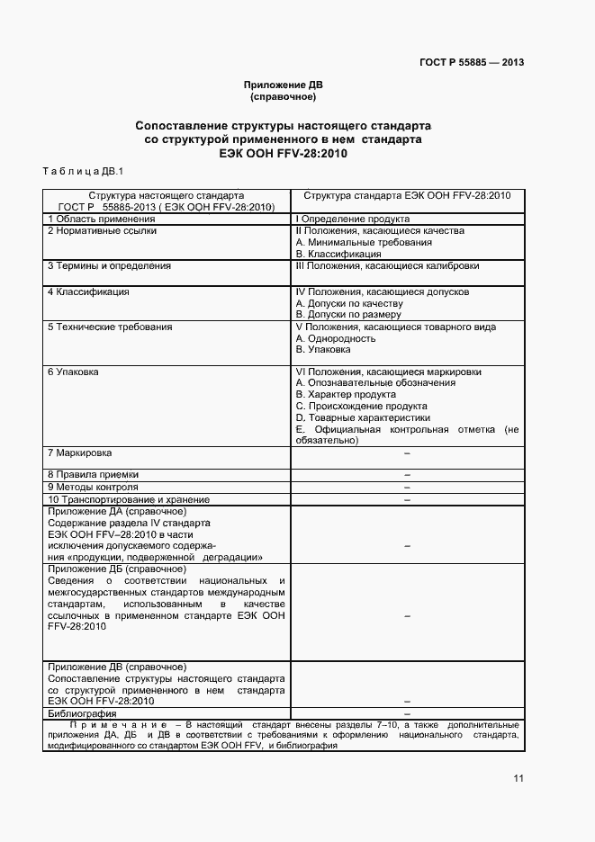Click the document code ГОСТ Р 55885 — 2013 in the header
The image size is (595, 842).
tap(472, 63)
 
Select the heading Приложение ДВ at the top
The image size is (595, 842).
tap(283, 85)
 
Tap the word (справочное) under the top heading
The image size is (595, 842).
tap(283, 96)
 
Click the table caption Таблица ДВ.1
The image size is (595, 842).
tap(82, 171)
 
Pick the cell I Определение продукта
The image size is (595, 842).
tap(353, 219)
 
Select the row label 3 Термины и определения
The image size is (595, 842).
tap(109, 266)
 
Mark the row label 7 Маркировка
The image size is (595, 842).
tap(79, 452)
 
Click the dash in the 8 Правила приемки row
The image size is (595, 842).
tap(407, 474)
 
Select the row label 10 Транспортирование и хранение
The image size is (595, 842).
tap(128, 499)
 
